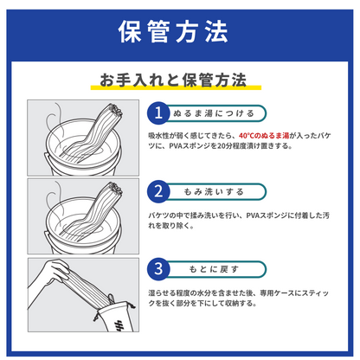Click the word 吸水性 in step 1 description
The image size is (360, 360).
156,136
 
